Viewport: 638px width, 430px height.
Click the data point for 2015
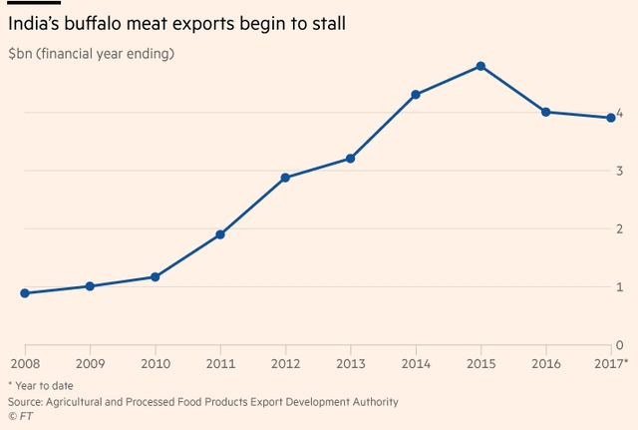pyautogui.click(x=480, y=66)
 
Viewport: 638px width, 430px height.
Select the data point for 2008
pyautogui.click(x=25, y=293)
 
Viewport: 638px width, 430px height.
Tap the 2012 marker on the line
pyautogui.click(x=285, y=178)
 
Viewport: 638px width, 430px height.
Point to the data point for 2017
pyautogui.click(x=611, y=118)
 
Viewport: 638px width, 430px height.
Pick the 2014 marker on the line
pyautogui.click(x=416, y=95)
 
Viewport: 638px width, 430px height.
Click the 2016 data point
pyautogui.click(x=546, y=112)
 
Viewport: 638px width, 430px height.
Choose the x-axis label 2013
pyautogui.click(x=350, y=363)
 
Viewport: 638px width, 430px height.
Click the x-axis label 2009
pyautogui.click(x=90, y=363)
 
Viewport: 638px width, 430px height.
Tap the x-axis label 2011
pyautogui.click(x=220, y=363)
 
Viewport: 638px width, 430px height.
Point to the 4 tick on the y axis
pyautogui.click(x=620, y=114)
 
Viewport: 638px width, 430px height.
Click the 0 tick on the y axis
pyautogui.click(x=620, y=344)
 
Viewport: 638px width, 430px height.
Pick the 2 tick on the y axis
pyautogui.click(x=620, y=229)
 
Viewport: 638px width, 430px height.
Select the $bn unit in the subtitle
pyautogui.click(x=21, y=53)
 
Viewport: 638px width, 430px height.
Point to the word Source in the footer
pyautogui.click(x=27, y=401)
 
